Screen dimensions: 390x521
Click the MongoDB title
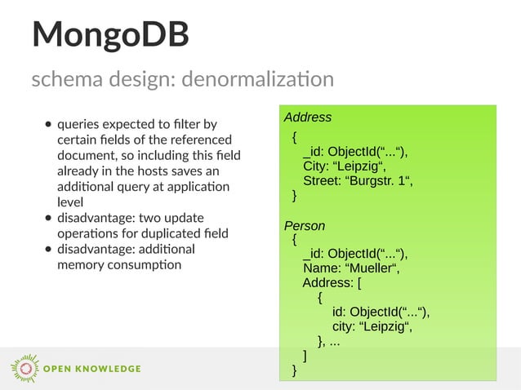(x=110, y=35)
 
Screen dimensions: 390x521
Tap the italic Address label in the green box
(x=307, y=117)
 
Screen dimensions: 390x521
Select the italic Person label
(x=304, y=225)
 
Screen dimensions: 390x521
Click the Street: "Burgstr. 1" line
(x=358, y=181)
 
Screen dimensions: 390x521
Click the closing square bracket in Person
(x=305, y=356)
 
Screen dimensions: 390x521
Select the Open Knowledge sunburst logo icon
(x=24, y=369)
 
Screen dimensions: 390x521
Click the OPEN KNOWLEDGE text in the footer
(x=91, y=369)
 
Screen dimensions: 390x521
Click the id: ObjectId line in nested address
(x=381, y=312)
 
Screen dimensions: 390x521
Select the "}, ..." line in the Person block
(x=329, y=342)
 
